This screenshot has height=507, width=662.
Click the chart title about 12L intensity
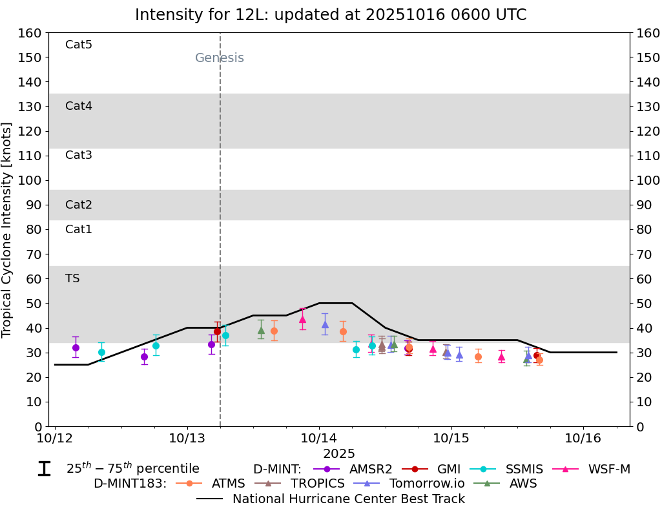coord(330,15)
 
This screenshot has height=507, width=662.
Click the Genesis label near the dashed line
coord(220,58)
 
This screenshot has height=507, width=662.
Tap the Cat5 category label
coord(79,45)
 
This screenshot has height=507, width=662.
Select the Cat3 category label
coord(79,155)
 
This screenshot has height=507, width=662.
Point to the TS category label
coord(72,278)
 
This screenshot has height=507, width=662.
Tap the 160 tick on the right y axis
coord(648,33)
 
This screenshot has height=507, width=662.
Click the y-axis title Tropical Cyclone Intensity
coord(8,229)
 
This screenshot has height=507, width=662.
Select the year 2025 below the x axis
coord(339,454)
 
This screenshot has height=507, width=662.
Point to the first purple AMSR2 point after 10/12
coord(76,347)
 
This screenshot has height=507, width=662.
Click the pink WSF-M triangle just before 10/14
coord(302,319)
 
